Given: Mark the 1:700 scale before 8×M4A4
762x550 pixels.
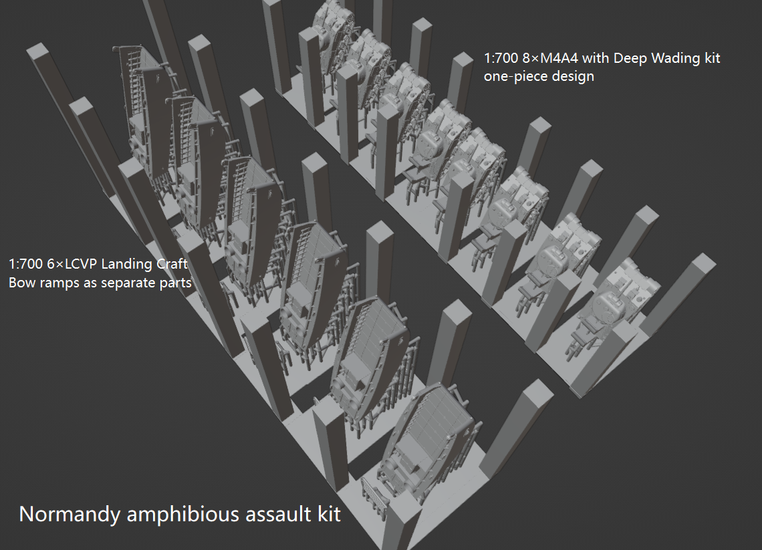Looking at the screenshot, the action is [501, 58].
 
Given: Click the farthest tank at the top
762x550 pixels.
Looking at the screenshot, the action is [332, 27].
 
